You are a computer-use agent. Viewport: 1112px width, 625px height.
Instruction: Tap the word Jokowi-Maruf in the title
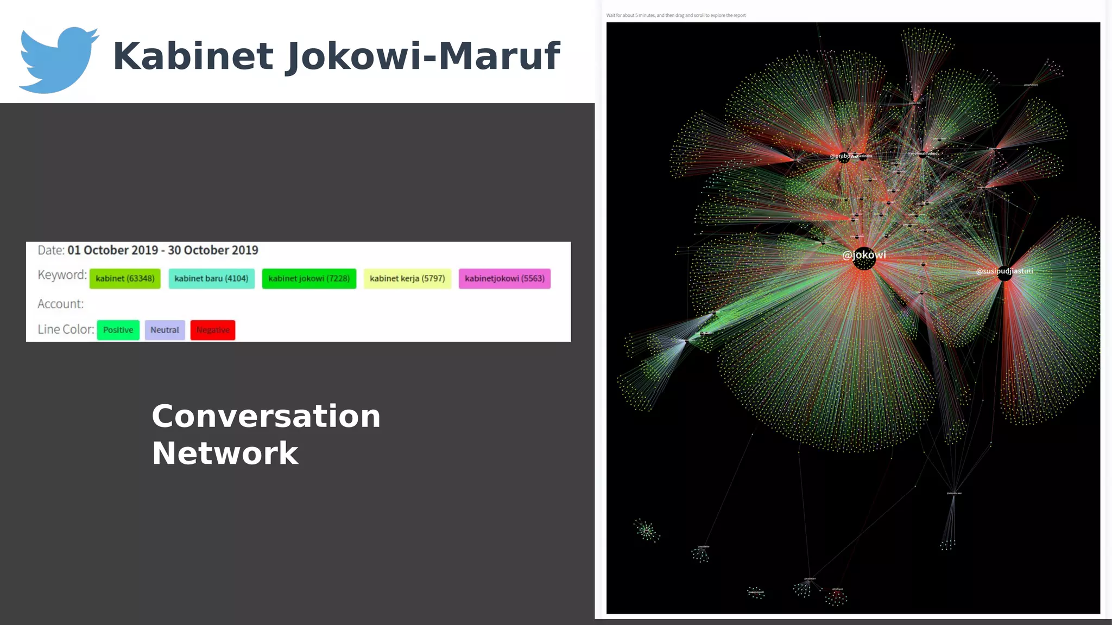(422, 56)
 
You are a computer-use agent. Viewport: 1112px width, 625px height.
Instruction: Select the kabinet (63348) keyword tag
(125, 278)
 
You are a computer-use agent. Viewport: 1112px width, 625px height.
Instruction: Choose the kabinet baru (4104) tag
(211, 278)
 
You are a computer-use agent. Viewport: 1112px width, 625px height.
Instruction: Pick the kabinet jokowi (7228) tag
(309, 278)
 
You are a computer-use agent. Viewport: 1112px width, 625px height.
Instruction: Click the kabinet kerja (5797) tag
(407, 278)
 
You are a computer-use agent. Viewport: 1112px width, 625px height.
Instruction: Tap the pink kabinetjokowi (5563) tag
(504, 278)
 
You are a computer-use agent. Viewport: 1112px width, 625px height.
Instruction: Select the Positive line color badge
(118, 330)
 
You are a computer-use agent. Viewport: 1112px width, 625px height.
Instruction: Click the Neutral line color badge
(165, 330)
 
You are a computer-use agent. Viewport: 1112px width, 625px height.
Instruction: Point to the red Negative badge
(213, 330)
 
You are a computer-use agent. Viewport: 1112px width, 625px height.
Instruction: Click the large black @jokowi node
(864, 259)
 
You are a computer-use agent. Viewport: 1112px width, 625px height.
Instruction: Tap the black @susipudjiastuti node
(1004, 273)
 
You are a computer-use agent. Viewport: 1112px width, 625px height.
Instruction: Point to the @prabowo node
(844, 157)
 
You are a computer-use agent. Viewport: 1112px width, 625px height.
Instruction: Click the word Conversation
(266, 416)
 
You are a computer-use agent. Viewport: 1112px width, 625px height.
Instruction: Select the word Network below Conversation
(225, 454)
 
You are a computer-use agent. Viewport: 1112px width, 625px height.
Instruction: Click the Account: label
(60, 304)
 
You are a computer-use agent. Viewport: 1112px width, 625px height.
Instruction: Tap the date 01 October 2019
(112, 250)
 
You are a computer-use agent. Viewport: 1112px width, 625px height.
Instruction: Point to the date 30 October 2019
(213, 250)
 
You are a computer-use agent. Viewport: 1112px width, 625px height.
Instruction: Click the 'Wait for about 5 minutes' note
(676, 15)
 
